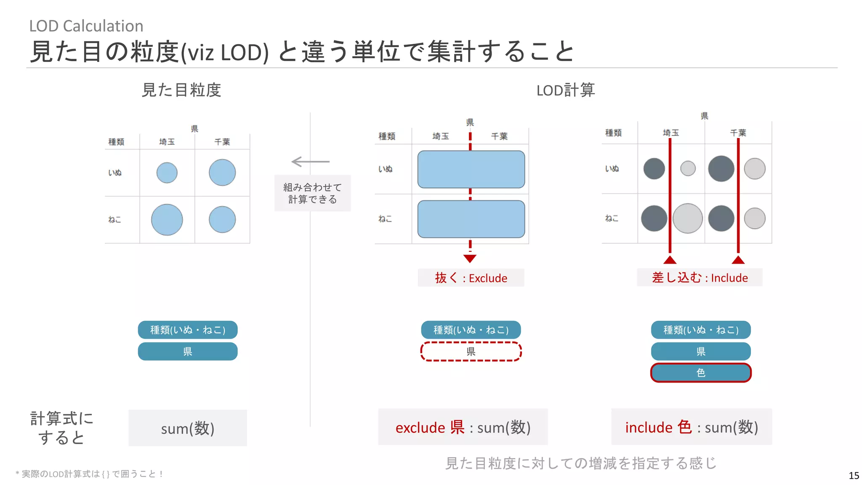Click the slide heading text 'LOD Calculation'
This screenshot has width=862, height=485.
coord(86,26)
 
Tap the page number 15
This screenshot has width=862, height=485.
coord(854,475)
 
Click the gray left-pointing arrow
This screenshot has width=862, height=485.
coord(310,161)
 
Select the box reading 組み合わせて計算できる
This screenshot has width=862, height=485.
coord(312,193)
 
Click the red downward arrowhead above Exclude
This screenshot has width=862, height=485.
coord(470,258)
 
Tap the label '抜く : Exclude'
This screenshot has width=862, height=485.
coord(471,278)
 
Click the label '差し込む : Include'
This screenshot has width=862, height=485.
coord(700,277)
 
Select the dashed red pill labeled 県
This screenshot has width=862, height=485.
coord(471,352)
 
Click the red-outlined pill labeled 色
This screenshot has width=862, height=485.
coord(701,373)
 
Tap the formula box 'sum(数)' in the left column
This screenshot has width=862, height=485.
coord(188,428)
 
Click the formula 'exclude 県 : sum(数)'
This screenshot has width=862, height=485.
coord(463,427)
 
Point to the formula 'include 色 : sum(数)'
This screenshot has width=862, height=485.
coord(692,427)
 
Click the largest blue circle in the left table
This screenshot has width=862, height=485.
coord(167,219)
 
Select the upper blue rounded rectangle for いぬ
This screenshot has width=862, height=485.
coord(471,169)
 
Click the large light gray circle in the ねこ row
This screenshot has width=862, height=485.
coord(688,218)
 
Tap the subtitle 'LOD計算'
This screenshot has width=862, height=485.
coord(565,90)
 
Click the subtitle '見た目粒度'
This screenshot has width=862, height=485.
coord(181,90)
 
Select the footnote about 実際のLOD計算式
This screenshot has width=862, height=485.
coord(89,474)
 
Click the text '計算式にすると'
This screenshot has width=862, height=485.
coord(61,428)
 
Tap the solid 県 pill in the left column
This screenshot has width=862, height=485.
coord(188,352)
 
